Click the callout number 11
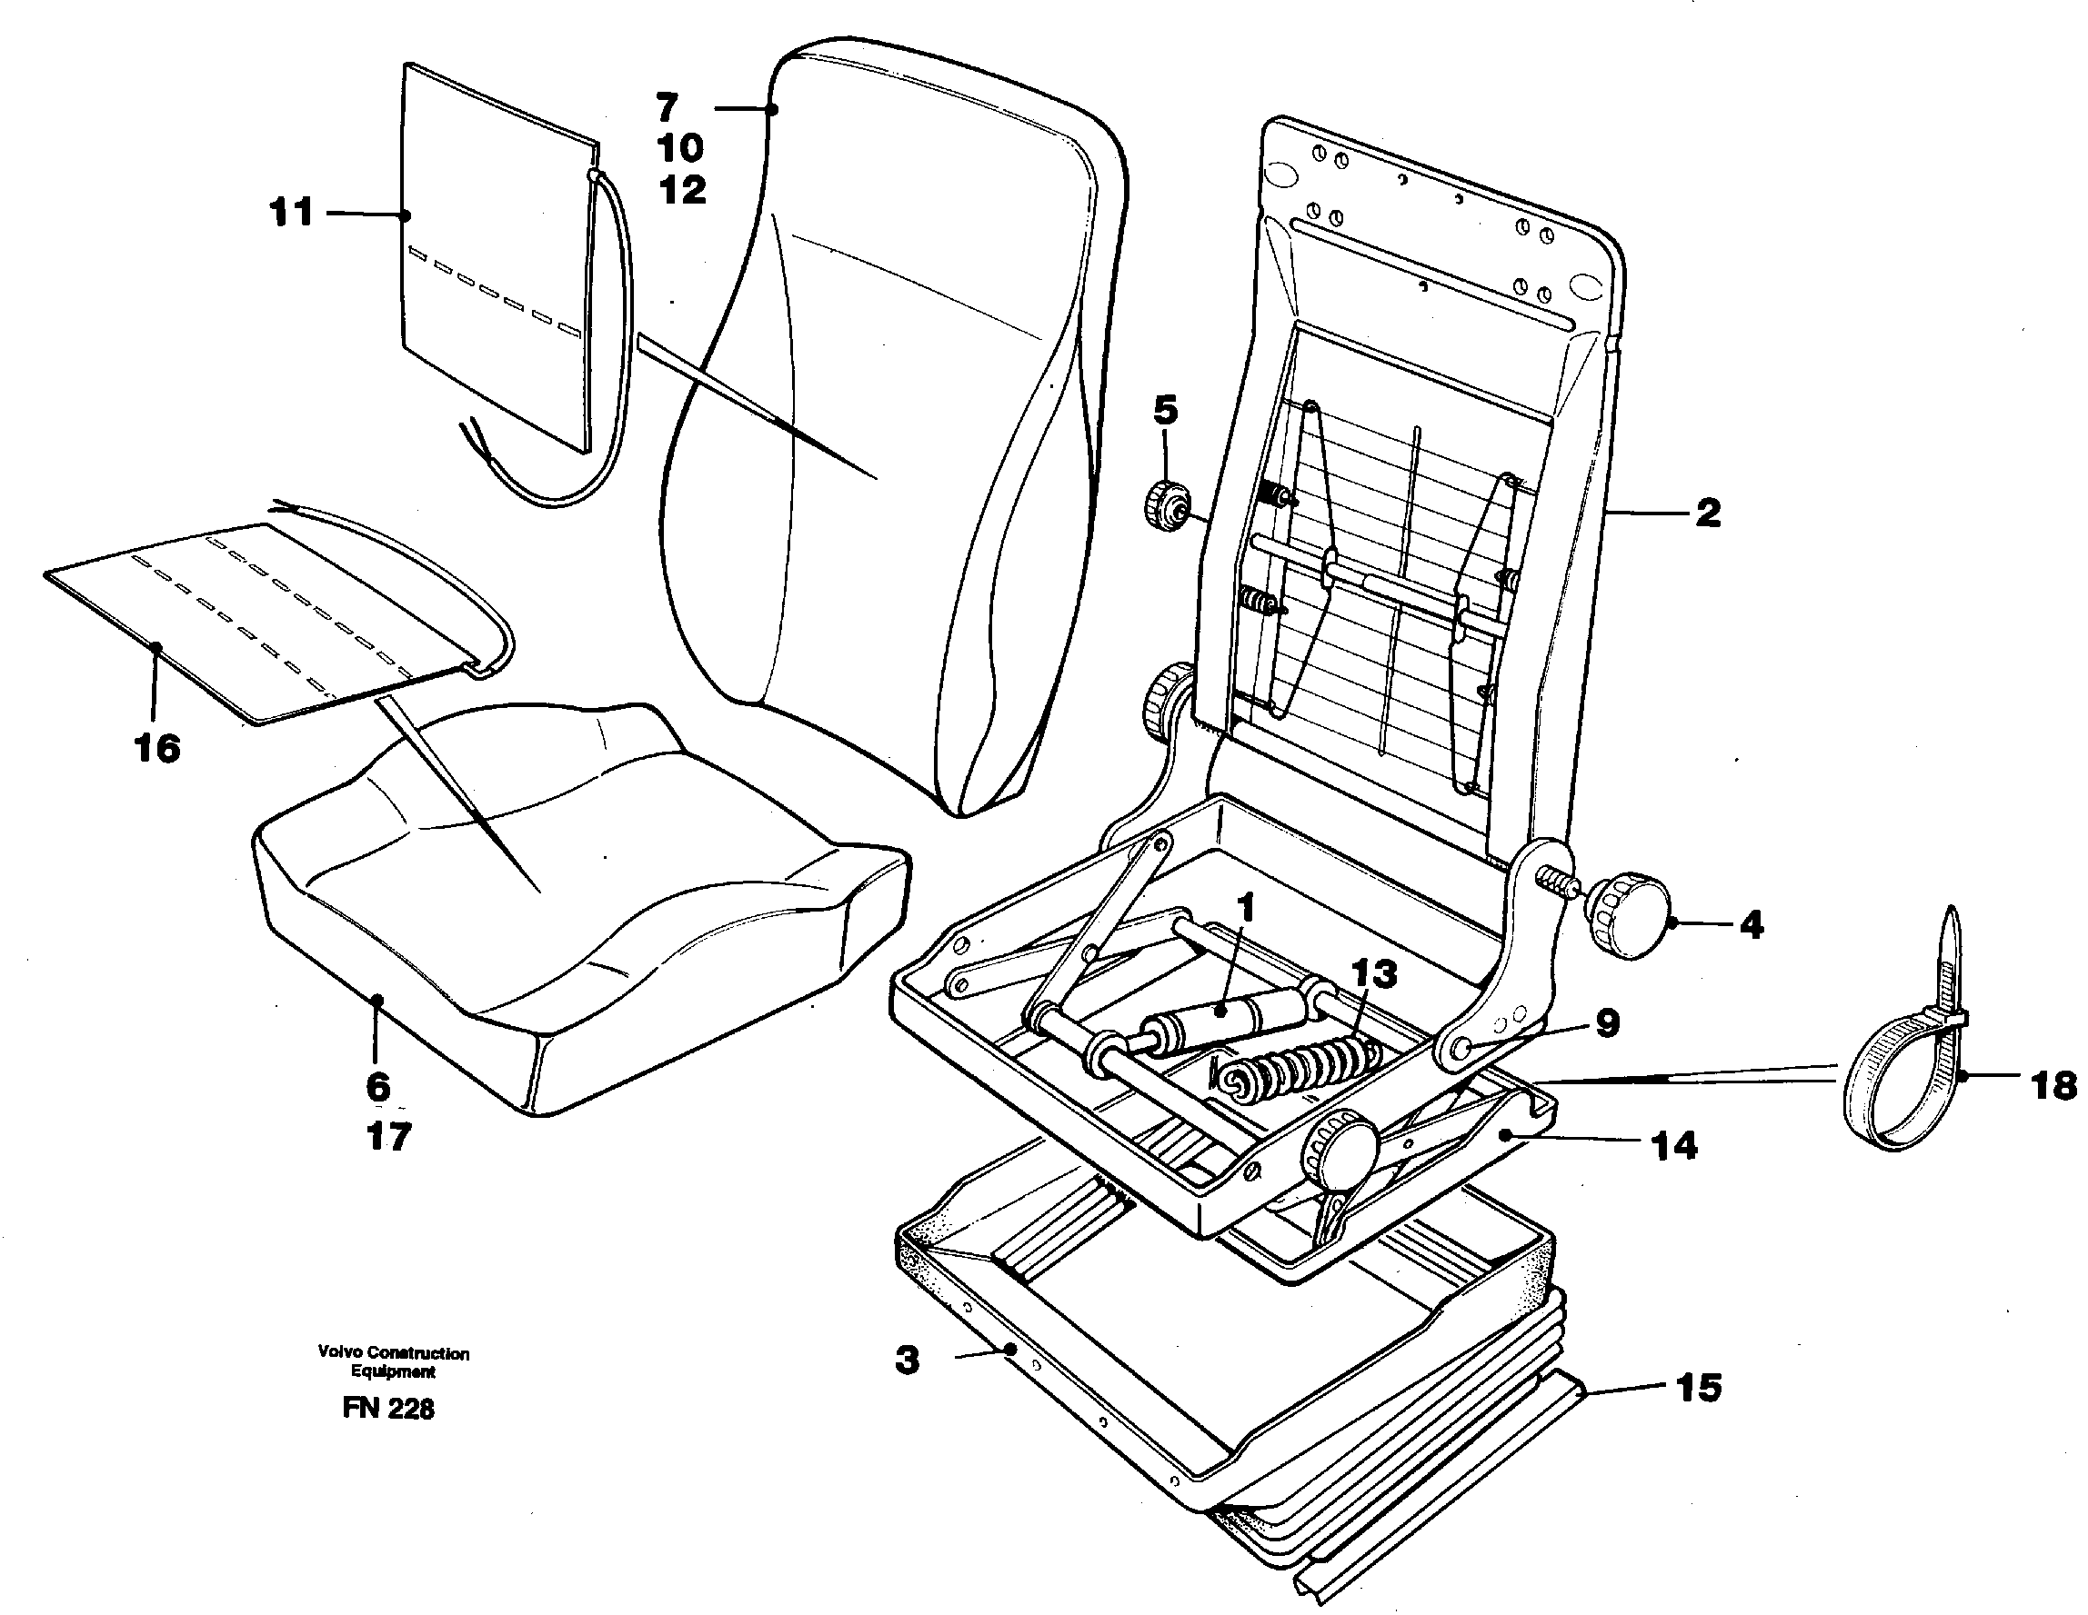(x=292, y=212)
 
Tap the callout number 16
(x=157, y=748)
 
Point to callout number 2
(x=1708, y=513)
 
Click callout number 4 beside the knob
(x=1751, y=925)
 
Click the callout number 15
(x=1698, y=1388)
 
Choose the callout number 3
(x=908, y=1359)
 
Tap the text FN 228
(x=388, y=1409)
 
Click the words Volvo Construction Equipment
(x=393, y=1361)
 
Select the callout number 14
(x=1674, y=1146)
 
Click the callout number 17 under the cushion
(x=388, y=1137)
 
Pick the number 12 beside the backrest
(x=683, y=190)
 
